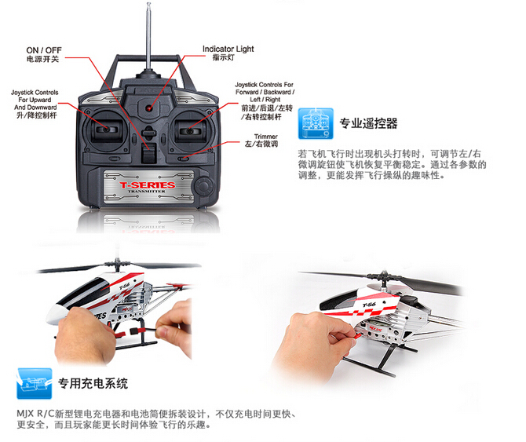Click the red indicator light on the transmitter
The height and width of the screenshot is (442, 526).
click(148, 108)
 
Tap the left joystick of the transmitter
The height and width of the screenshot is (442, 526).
click(106, 129)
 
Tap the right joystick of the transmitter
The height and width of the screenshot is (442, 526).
click(189, 130)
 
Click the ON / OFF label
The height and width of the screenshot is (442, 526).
click(44, 50)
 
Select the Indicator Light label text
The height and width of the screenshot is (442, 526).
click(228, 49)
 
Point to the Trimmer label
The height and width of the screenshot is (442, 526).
click(265, 137)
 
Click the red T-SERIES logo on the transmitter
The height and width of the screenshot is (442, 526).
click(148, 185)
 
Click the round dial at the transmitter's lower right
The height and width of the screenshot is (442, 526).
click(203, 185)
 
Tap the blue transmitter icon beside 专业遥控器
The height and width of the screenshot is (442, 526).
click(316, 123)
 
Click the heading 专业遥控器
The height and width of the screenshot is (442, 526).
click(368, 123)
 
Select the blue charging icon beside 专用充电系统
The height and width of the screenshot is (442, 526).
click(35, 383)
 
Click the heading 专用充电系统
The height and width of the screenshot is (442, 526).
click(93, 383)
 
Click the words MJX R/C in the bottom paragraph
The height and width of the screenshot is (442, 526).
click(35, 414)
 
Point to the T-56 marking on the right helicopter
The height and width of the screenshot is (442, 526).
click(369, 305)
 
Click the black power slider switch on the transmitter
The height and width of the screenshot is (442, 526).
click(148, 152)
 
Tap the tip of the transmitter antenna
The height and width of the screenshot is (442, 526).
click(148, 4)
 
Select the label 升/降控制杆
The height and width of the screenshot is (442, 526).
click(37, 115)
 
